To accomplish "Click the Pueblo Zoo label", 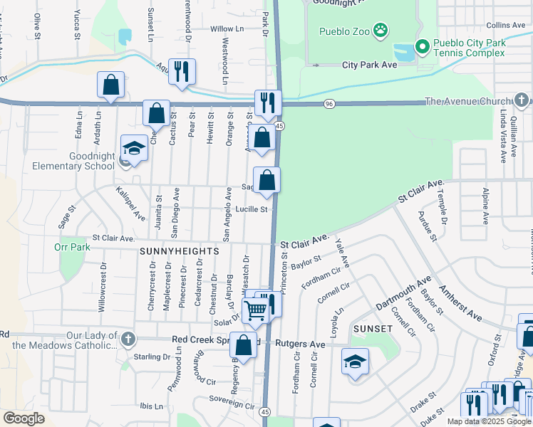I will pyautogui.click(x=338, y=32).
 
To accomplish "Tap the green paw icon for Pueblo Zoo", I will pyautogui.click(x=382, y=30).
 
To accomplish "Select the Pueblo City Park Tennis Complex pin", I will pyautogui.click(x=422, y=47).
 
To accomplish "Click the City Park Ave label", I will pyautogui.click(x=369, y=65).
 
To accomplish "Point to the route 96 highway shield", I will pyautogui.click(x=328, y=104).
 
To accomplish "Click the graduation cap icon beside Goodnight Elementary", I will pyautogui.click(x=133, y=148).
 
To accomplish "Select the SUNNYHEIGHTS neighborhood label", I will pyautogui.click(x=179, y=251).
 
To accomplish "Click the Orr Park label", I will pyautogui.click(x=71, y=248).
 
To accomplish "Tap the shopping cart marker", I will pyautogui.click(x=255, y=309).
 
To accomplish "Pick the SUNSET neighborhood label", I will pyautogui.click(x=372, y=329).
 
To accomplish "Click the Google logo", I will pyautogui.click(x=24, y=418).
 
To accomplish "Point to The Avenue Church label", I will pyautogui.click(x=467, y=102).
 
